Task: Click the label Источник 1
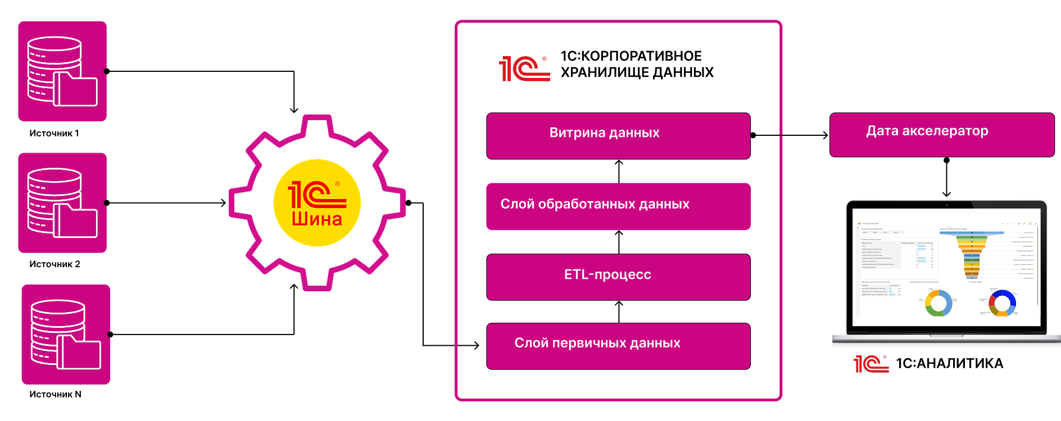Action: [54, 134]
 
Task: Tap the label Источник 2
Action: [55, 264]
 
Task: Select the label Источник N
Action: [55, 395]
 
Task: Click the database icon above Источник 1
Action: [62, 71]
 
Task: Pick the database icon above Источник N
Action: [66, 335]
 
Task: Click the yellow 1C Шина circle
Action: [317, 203]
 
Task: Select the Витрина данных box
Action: [618, 136]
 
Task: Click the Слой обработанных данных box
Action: [618, 206]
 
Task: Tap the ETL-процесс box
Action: [618, 277]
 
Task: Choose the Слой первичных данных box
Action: [618, 346]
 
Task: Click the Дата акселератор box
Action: [942, 135]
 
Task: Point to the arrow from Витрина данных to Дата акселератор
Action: [790, 135]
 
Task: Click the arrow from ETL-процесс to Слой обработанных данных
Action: [619, 242]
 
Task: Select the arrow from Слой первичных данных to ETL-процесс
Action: [619, 312]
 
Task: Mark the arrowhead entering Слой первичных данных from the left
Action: [476, 345]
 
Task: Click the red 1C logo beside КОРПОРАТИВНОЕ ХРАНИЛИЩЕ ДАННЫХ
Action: [524, 68]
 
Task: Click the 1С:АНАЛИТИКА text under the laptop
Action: [949, 364]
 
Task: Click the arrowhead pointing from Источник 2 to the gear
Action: [223, 203]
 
